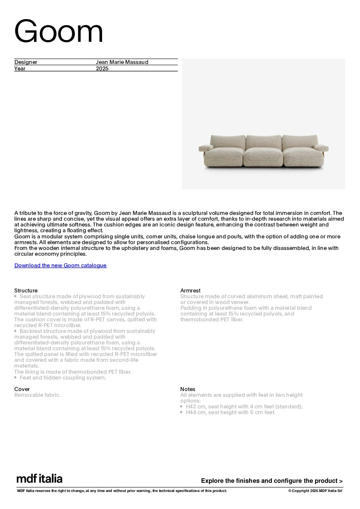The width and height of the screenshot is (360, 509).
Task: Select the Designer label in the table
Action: click(x=26, y=62)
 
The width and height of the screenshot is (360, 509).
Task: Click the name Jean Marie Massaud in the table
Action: click(x=122, y=62)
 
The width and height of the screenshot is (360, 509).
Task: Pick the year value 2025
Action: click(x=102, y=69)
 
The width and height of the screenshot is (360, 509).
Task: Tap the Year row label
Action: click(x=20, y=69)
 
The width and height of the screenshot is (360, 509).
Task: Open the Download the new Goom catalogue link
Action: click(x=60, y=266)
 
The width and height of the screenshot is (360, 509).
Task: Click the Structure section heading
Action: click(x=26, y=291)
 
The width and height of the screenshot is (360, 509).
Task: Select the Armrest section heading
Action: click(x=190, y=291)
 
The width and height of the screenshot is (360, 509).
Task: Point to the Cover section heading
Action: click(x=22, y=389)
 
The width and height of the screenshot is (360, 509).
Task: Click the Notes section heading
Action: click(x=188, y=389)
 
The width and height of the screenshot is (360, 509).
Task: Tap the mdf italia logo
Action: click(x=39, y=479)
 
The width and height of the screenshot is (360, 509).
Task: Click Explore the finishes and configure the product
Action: click(x=272, y=481)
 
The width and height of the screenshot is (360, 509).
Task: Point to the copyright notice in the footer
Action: click(x=315, y=491)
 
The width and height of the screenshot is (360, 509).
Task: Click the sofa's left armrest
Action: click(x=206, y=148)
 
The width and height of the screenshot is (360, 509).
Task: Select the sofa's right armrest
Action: click(x=322, y=148)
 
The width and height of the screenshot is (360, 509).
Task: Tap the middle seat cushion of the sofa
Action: click(x=263, y=157)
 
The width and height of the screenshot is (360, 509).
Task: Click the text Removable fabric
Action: click(x=37, y=395)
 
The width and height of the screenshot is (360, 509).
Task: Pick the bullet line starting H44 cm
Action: click(x=230, y=412)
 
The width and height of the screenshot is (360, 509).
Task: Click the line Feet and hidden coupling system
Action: click(x=63, y=378)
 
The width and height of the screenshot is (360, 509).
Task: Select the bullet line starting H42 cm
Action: click(x=244, y=407)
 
